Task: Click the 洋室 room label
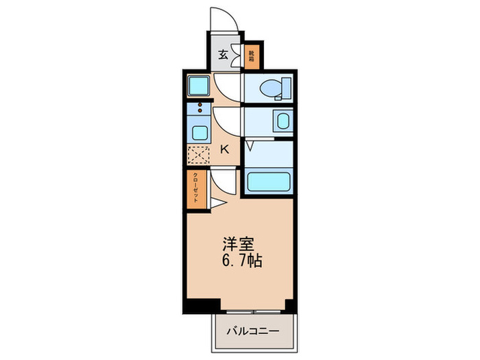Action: pyautogui.click(x=239, y=244)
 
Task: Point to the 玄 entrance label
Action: pyautogui.click(x=223, y=56)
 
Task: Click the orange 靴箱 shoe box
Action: pyautogui.click(x=252, y=54)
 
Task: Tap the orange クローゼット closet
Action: pyautogui.click(x=196, y=187)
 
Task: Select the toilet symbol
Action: pyautogui.click(x=277, y=88)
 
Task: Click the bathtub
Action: pyautogui.click(x=269, y=182)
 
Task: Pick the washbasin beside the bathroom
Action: pyautogui.click(x=282, y=121)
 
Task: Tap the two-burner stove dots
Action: pyautogui.click(x=200, y=108)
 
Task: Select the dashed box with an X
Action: pyautogui.click(x=198, y=155)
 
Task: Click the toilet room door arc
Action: pyautogui.click(x=228, y=87)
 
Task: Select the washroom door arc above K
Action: pyautogui.click(x=228, y=121)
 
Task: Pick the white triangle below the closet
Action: pyautogui.click(x=216, y=202)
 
